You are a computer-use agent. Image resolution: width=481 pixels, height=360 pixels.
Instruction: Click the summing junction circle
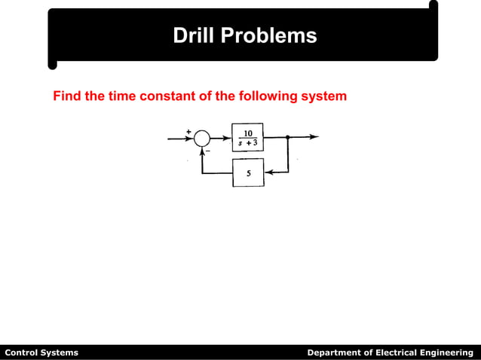202,138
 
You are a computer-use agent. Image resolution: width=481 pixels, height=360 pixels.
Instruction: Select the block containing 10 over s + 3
247,138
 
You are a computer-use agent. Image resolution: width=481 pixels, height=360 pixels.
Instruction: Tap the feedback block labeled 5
247,172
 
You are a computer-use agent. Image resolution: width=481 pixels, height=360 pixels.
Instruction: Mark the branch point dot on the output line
287,137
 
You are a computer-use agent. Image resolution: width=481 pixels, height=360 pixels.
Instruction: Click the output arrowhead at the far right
314,137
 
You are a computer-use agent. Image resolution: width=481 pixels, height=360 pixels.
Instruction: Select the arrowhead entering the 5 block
268,172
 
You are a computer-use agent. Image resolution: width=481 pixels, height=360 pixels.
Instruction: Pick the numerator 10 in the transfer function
247,133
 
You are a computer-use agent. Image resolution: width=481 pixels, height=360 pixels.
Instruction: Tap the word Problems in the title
268,35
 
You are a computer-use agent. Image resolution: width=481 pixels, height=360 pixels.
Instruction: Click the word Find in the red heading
66,96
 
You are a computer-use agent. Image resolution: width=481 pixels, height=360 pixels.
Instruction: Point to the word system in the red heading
323,96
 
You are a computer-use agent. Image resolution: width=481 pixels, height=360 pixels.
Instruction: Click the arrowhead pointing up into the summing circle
202,151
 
